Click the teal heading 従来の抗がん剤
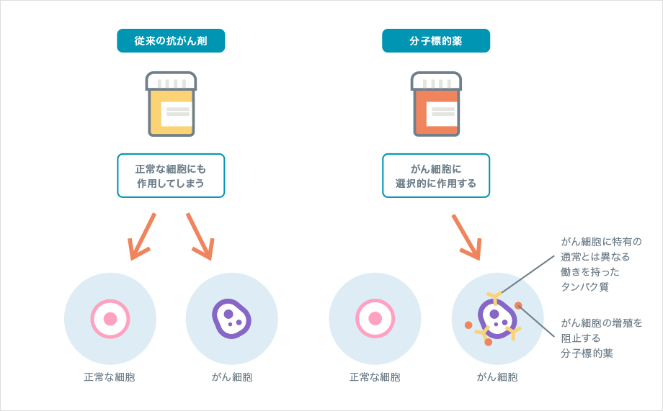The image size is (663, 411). pos(171,41)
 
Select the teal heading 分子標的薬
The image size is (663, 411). pos(435,41)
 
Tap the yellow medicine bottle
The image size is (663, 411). pos(171,104)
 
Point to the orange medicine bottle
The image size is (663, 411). pos(436,104)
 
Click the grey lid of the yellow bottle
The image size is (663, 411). pos(171,81)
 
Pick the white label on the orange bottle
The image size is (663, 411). pos(442,113)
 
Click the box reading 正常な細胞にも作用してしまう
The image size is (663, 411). pos(171,176)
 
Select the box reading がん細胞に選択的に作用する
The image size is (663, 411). pos(435,176)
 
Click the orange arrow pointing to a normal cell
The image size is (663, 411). pos(142,236)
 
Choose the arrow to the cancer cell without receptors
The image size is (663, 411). pos(200,236)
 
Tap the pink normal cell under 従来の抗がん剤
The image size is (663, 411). pos(110,319)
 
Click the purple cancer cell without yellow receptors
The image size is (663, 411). pos(231,318)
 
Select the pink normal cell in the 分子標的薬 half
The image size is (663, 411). pos(375,319)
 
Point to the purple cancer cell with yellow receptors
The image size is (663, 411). pos(496,318)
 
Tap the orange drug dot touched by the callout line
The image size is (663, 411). pos(518,306)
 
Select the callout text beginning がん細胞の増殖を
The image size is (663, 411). pos(601,338)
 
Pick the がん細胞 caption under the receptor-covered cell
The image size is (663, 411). pos(497,376)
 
